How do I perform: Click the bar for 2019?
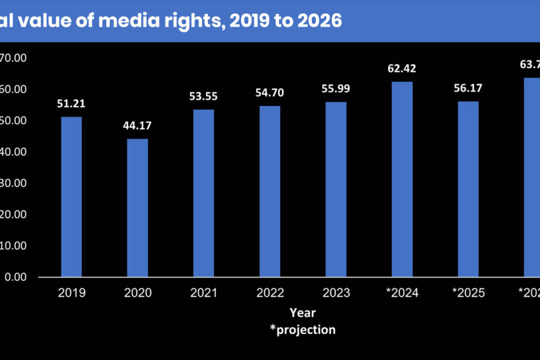click(x=71, y=197)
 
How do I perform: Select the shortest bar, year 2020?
click(x=138, y=208)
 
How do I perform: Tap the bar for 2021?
click(x=204, y=193)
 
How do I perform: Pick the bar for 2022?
click(x=270, y=191)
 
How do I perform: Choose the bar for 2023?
click(x=336, y=189)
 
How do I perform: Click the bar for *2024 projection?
click(x=402, y=179)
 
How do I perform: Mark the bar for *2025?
click(x=468, y=189)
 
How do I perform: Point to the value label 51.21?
click(x=71, y=105)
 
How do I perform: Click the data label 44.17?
click(x=138, y=127)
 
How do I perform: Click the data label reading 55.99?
click(x=336, y=89)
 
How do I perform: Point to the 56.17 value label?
click(x=468, y=89)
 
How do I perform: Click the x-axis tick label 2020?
click(x=138, y=293)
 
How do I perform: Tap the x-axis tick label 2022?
click(x=270, y=293)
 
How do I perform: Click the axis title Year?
click(x=303, y=313)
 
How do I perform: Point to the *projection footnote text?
click(x=303, y=330)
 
